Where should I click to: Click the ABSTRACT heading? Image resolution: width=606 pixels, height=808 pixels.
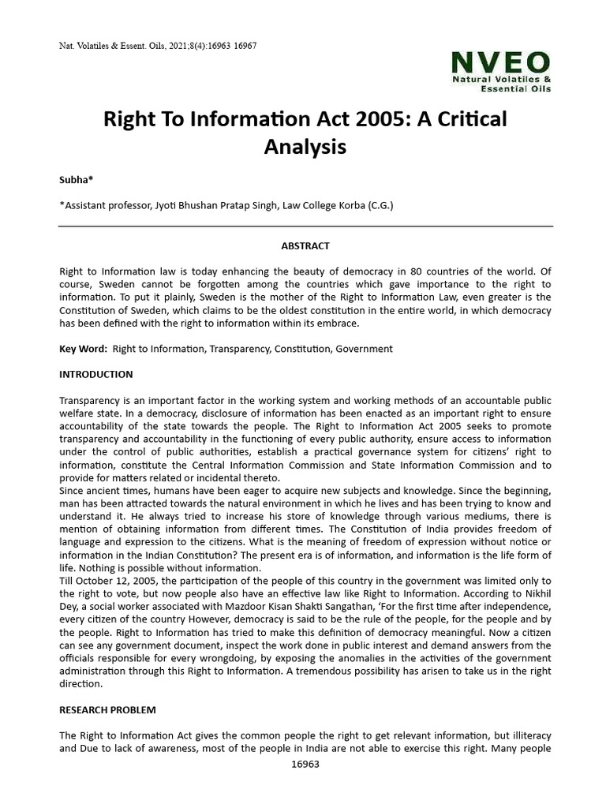(305, 246)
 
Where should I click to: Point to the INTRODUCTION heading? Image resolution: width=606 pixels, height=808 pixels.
(96, 374)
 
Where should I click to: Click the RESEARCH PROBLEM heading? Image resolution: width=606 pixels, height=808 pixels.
(107, 710)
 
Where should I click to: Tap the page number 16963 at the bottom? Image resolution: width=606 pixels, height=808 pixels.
(305, 765)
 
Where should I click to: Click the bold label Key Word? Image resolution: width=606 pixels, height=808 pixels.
(84, 348)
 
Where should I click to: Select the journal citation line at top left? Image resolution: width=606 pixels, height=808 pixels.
(158, 46)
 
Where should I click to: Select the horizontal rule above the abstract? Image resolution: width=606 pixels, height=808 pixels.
(305, 226)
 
